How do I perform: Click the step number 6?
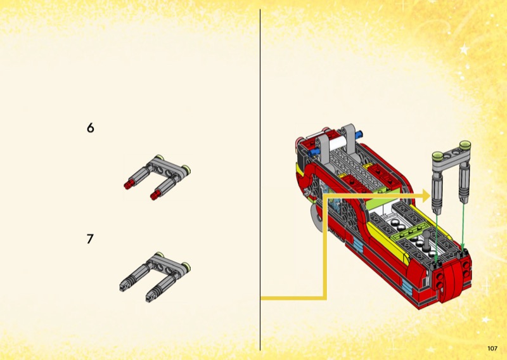(91, 128)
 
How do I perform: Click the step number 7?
(90, 239)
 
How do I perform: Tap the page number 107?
(492, 349)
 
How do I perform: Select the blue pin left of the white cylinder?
(312, 153)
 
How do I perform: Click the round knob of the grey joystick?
(427, 234)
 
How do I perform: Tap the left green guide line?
(436, 238)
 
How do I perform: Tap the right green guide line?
(463, 226)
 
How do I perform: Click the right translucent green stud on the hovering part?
(465, 145)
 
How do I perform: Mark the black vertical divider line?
(260, 180)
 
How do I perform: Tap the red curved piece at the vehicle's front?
(451, 281)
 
